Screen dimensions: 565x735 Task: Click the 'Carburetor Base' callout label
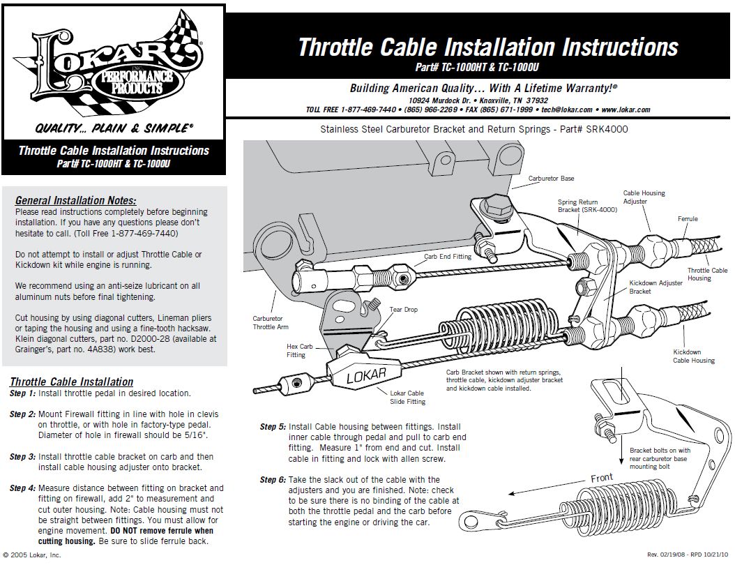coord(551,179)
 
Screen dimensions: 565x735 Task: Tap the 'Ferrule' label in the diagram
coord(688,219)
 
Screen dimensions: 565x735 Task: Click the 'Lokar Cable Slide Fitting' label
coord(407,398)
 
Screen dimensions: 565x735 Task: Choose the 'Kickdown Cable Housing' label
coord(693,356)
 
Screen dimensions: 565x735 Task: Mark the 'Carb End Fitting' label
coord(448,257)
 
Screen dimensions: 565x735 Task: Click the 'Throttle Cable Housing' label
coord(707,274)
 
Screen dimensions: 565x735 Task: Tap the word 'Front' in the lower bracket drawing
coord(601,479)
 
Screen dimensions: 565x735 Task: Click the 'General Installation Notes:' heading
coord(75,201)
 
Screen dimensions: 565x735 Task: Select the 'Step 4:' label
coord(22,488)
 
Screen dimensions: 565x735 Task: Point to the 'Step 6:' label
coord(273,480)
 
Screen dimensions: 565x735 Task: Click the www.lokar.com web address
coord(625,110)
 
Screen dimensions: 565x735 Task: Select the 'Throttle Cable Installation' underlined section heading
coord(71,382)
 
